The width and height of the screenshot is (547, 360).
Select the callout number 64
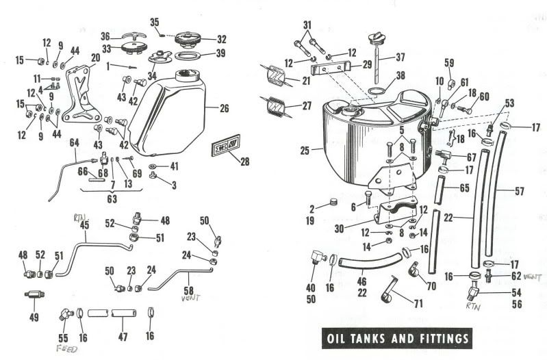click(75, 142)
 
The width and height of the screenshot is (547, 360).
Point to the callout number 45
click(85, 224)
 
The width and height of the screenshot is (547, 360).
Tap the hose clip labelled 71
click(391, 291)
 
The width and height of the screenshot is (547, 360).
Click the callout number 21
click(305, 81)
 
